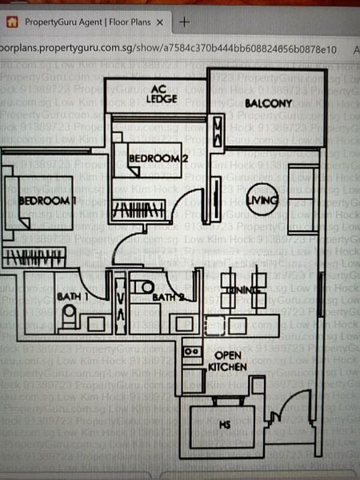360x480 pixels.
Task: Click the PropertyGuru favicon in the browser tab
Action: coord(13,22)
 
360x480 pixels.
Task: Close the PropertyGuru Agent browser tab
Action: coord(159,22)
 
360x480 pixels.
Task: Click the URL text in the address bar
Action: coord(168,49)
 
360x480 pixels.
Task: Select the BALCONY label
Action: coord(268,103)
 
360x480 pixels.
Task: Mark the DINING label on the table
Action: coord(238,290)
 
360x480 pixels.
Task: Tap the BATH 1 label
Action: coord(73,296)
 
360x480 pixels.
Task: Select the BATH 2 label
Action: coord(168,298)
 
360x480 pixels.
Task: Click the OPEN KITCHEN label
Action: coord(227,360)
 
